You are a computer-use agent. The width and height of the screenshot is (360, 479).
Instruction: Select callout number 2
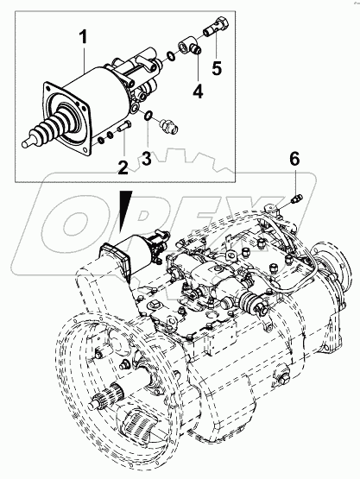(123, 166)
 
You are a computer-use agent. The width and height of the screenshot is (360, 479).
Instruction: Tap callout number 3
(147, 160)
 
